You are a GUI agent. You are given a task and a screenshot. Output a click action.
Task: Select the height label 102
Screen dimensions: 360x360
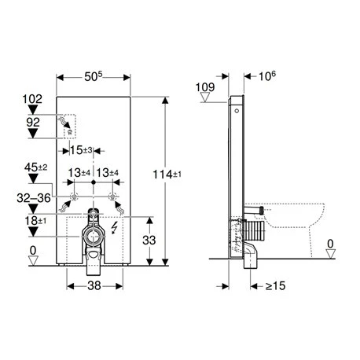32,100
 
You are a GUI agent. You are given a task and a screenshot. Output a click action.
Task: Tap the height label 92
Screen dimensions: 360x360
32,123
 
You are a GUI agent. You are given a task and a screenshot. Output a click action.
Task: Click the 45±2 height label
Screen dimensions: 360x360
37,167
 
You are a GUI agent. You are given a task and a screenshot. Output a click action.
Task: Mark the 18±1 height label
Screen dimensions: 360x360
34,222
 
